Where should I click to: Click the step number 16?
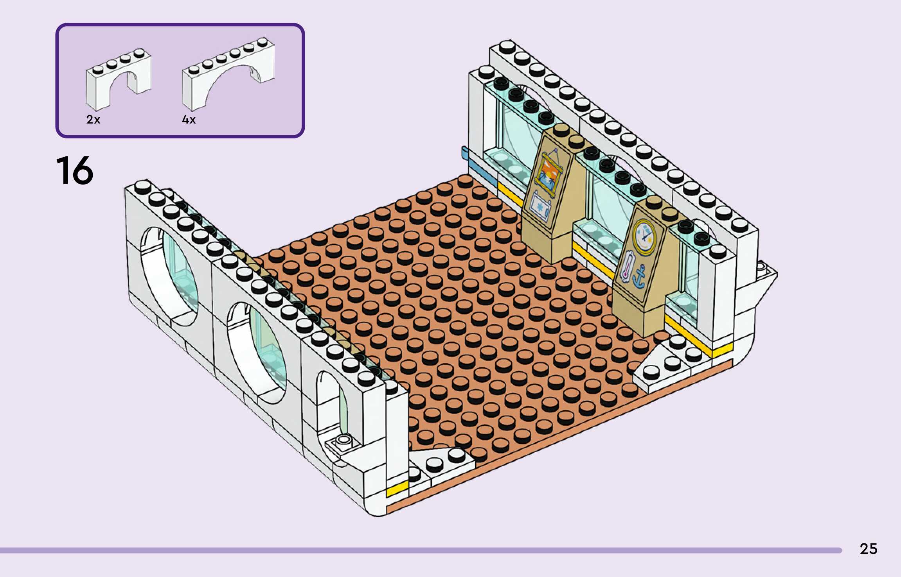(x=75, y=170)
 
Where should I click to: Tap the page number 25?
(x=869, y=549)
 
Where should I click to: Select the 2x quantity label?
(x=93, y=120)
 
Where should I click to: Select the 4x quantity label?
(x=189, y=120)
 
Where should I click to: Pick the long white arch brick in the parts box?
(x=228, y=72)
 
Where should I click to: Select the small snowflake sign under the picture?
(x=540, y=207)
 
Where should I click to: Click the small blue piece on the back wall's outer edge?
(x=465, y=153)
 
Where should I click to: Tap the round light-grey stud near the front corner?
(x=343, y=440)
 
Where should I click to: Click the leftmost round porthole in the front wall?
(x=169, y=276)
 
